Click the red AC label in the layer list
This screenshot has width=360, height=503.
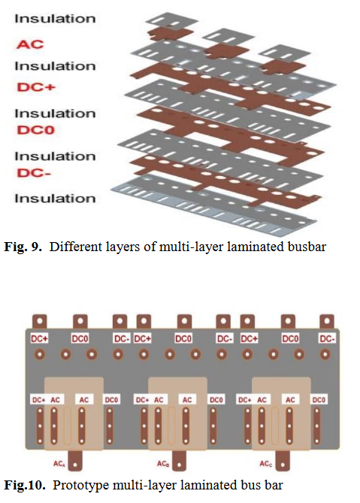[x=30, y=44]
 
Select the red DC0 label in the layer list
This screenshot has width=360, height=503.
[x=35, y=130]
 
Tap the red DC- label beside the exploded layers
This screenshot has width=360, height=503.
[x=34, y=173]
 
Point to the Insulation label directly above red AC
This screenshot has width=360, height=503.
[x=55, y=19]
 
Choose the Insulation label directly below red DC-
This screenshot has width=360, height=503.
[x=55, y=198]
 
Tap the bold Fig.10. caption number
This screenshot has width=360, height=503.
[x=25, y=485]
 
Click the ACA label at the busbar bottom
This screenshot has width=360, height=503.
[x=59, y=464]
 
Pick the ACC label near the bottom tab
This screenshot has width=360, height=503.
[x=266, y=464]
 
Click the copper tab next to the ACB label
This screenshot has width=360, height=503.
[x=179, y=461]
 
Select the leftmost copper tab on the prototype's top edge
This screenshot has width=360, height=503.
[x=40, y=321]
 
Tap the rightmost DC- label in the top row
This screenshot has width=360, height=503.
[x=327, y=339]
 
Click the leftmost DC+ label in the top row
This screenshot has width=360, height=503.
[x=39, y=339]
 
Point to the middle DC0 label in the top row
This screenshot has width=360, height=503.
[x=183, y=339]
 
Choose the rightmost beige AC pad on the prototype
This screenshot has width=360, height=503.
[x=281, y=414]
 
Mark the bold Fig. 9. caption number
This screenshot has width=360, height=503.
[x=23, y=247]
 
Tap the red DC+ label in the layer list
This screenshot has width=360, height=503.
[x=36, y=87]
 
